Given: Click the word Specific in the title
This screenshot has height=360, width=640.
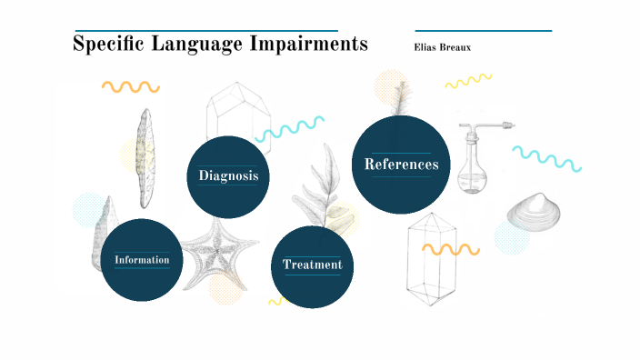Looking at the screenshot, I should click(x=105, y=44).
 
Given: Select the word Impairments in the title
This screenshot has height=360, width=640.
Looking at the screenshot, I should click(x=308, y=44).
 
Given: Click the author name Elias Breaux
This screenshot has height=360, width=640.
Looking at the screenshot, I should click(x=443, y=47).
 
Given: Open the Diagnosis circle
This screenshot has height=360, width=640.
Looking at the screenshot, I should click(x=229, y=176).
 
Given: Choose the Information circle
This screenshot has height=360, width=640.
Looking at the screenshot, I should click(x=142, y=260).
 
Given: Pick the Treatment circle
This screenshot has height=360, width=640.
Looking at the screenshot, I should click(x=312, y=265).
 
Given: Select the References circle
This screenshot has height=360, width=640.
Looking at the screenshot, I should click(x=401, y=165).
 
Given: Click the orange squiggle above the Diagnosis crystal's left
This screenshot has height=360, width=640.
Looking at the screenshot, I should click(x=130, y=87).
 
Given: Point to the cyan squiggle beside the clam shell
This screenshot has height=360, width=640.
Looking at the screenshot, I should click(x=546, y=158).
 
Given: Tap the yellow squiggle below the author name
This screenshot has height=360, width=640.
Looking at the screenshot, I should click(x=468, y=83).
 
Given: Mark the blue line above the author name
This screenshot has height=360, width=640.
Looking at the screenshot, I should click(x=483, y=31).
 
